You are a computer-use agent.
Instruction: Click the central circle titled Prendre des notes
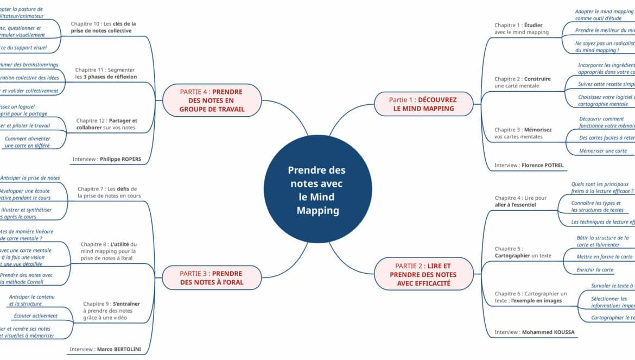[317, 190]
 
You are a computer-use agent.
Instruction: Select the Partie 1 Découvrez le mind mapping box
[423, 104]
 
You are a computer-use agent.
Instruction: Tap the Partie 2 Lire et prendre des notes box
[423, 274]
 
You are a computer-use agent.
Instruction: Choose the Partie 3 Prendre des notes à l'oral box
[211, 277]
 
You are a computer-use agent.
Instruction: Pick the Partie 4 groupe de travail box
[211, 100]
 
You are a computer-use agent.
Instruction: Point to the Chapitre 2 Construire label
[522, 83]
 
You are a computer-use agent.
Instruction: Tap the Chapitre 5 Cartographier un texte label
[523, 252]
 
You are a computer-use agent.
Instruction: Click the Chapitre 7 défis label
[109, 192]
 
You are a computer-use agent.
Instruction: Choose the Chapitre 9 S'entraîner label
[111, 311]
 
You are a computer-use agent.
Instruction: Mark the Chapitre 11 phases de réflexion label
[106, 73]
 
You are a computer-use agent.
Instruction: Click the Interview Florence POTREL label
[529, 165]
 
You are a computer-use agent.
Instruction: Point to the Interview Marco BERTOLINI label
[105, 349]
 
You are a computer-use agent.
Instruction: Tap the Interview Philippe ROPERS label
[106, 159]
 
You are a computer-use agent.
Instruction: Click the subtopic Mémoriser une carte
[602, 151]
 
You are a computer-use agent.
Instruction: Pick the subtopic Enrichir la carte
[595, 270]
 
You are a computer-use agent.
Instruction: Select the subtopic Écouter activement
[36, 315]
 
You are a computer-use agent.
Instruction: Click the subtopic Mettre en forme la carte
[604, 257]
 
